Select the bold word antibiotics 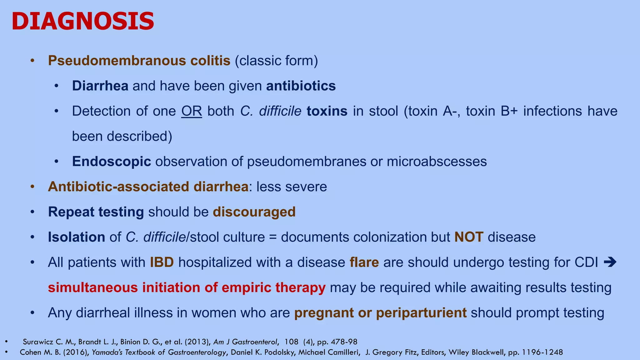click(301, 86)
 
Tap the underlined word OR click(192, 111)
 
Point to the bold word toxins click(327, 111)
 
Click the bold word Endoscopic click(112, 162)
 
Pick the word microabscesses click(437, 162)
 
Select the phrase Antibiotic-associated click(118, 187)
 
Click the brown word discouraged click(254, 212)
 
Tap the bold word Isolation click(77, 237)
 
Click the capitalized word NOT click(469, 237)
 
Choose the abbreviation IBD click(162, 262)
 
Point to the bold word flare click(364, 262)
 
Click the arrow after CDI click(610, 262)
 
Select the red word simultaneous click(93, 287)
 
